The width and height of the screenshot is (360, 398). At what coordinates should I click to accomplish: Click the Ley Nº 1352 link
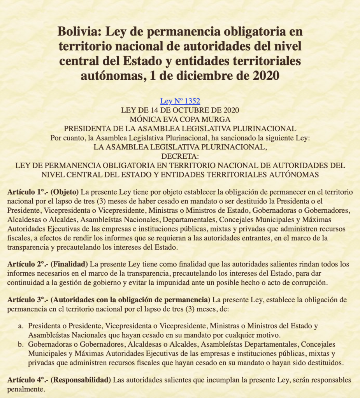pos(180,101)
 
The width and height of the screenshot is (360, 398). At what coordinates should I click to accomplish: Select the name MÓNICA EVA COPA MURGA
pos(180,119)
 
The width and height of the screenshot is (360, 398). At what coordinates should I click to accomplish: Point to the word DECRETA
pos(180,156)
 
